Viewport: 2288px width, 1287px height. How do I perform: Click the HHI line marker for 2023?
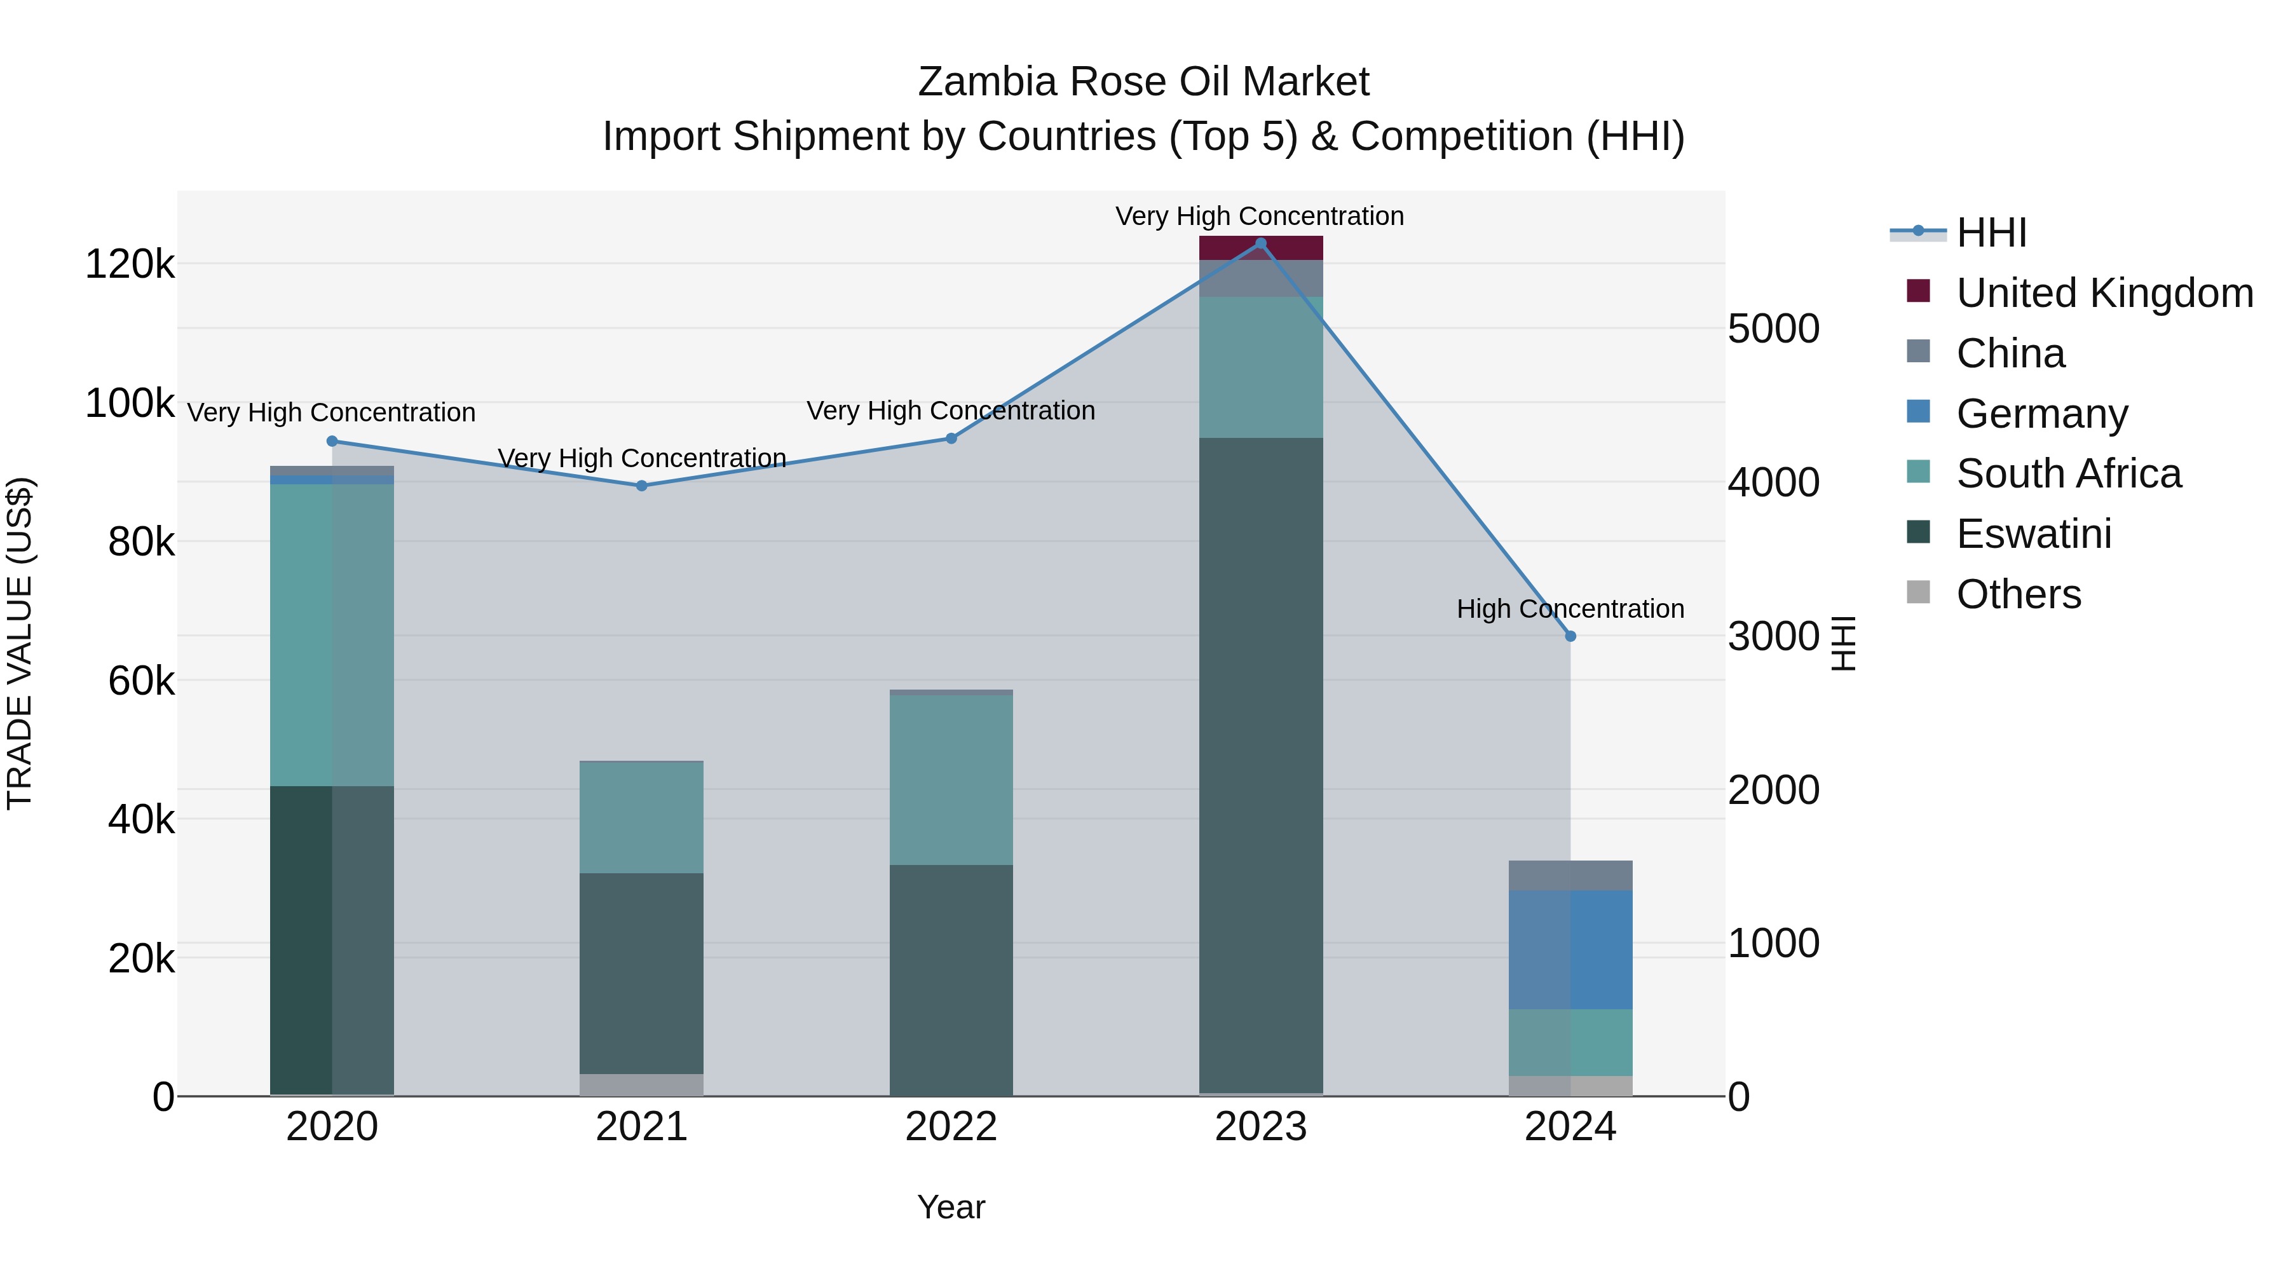1260,243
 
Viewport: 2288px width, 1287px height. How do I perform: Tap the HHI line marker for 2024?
1570,636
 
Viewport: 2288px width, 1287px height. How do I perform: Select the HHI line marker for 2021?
641,486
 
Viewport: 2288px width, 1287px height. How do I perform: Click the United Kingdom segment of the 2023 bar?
1260,248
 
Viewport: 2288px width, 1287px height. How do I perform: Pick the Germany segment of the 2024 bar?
1570,950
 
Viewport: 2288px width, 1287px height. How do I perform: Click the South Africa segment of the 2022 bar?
950,780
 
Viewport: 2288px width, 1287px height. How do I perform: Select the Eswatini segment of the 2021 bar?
641,974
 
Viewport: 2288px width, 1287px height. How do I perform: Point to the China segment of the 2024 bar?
1570,875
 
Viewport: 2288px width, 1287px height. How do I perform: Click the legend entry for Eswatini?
2033,534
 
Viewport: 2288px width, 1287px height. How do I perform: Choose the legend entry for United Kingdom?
2103,293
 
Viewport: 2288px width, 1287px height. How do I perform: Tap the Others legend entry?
2018,594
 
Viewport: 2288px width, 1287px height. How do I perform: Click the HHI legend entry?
1991,233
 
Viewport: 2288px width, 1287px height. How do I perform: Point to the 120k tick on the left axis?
130,264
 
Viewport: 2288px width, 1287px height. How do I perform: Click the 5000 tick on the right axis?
1773,329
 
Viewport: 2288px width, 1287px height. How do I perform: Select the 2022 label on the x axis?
950,1127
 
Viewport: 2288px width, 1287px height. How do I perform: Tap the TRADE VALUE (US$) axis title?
20,643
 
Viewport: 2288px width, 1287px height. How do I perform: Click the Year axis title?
950,1207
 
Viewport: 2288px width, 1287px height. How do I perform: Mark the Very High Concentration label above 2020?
331,413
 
